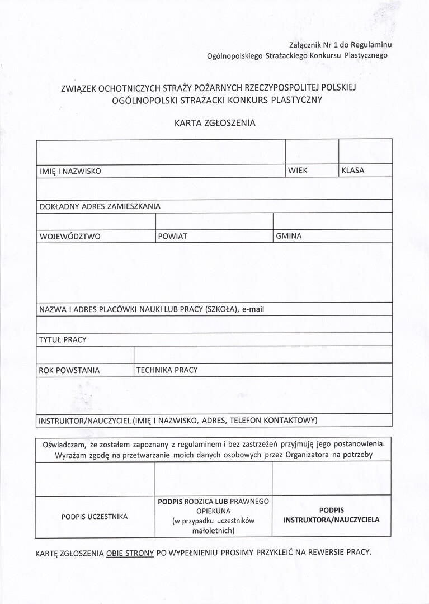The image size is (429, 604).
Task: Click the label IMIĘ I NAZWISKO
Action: (70, 171)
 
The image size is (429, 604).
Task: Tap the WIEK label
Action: (298, 171)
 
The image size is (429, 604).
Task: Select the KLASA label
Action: (352, 171)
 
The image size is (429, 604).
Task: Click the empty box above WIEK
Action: (312, 152)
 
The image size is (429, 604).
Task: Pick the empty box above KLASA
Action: (365, 152)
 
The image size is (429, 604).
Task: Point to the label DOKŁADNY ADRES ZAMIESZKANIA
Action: (100, 206)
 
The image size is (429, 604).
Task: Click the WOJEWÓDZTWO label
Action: (70, 237)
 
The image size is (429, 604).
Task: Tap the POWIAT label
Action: (173, 237)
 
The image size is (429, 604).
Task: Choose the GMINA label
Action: (289, 237)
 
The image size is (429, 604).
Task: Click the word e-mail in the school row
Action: (253, 309)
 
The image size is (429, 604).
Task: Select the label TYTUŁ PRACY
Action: (63, 340)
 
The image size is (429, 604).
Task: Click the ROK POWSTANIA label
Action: (69, 370)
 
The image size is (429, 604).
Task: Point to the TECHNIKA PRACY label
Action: (167, 370)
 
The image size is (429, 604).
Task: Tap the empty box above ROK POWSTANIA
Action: (84, 355)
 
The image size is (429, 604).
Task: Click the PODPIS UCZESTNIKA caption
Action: (95, 516)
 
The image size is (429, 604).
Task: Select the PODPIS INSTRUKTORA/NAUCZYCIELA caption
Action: (331, 515)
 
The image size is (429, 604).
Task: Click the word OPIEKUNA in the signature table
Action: (213, 511)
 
